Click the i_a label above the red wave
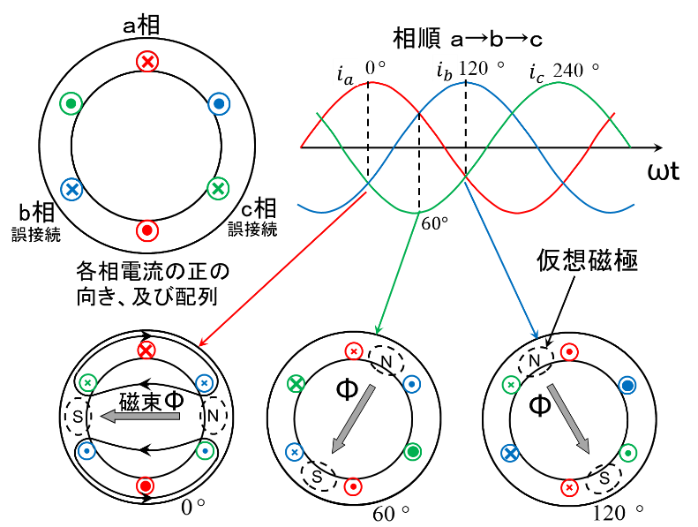344,73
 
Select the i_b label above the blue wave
444,70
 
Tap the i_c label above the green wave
536,72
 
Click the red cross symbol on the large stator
147,61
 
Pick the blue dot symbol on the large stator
219,104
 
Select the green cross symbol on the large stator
218,188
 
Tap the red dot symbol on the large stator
147,231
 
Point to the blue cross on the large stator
71,189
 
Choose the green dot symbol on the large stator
71,104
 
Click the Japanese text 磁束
140,401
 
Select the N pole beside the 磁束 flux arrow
213,415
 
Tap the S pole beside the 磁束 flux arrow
78,415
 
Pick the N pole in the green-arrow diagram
386,360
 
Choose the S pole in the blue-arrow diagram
604,478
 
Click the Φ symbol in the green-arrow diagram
347,389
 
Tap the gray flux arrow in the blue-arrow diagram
568,418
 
